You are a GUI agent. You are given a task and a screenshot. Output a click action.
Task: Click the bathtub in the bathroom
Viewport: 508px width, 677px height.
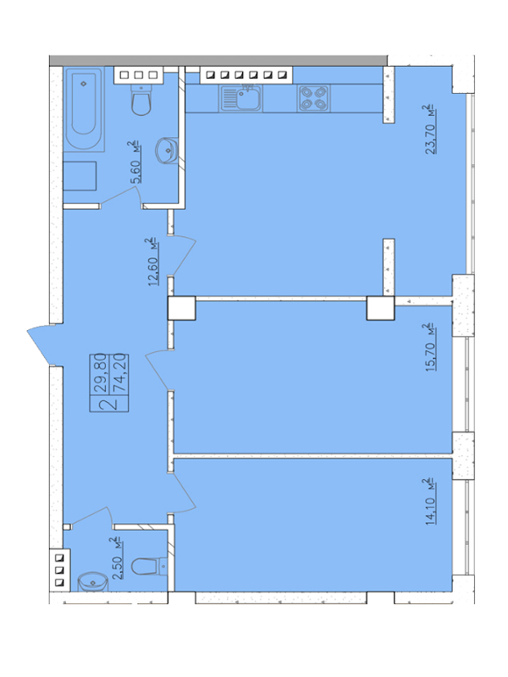tap(84, 109)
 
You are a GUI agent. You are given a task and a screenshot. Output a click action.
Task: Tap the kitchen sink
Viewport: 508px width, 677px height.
tap(241, 97)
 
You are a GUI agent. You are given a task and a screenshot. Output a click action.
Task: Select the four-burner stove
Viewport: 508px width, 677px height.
tap(313, 98)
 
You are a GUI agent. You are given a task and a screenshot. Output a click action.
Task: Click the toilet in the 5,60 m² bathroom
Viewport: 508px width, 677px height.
tap(141, 100)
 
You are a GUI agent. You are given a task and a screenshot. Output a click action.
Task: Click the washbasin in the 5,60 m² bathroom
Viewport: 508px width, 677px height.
tap(166, 151)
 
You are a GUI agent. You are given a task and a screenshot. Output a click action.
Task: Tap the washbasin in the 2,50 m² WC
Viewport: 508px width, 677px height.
tap(92, 582)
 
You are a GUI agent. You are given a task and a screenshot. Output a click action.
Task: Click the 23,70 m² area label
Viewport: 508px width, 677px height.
tap(430, 129)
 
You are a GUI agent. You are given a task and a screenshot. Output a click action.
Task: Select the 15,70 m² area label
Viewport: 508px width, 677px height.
tap(430, 347)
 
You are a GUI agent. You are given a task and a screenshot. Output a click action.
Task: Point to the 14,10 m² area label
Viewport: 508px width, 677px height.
tap(430, 501)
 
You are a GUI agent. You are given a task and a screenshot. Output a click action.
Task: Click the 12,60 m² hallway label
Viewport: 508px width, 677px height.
tap(152, 262)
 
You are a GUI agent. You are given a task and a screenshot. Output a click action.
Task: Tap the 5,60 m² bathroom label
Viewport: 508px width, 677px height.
tap(134, 162)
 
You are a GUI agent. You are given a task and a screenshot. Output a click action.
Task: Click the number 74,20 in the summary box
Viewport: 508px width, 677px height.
tap(119, 372)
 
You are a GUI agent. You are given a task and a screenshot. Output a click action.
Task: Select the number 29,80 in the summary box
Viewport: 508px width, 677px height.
tap(100, 372)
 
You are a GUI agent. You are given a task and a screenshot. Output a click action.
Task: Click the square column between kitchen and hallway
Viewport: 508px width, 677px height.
tap(181, 308)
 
